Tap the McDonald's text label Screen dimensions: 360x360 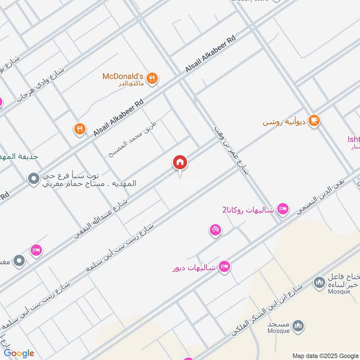(122, 76)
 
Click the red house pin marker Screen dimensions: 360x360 (180, 162)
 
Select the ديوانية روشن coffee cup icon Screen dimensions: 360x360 (315, 121)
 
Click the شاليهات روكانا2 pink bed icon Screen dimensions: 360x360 (283, 208)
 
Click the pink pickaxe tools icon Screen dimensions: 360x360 (215, 230)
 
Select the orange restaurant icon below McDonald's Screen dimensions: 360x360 (80, 130)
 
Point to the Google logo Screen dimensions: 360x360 (19, 353)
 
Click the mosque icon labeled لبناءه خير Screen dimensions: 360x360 (320, 282)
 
